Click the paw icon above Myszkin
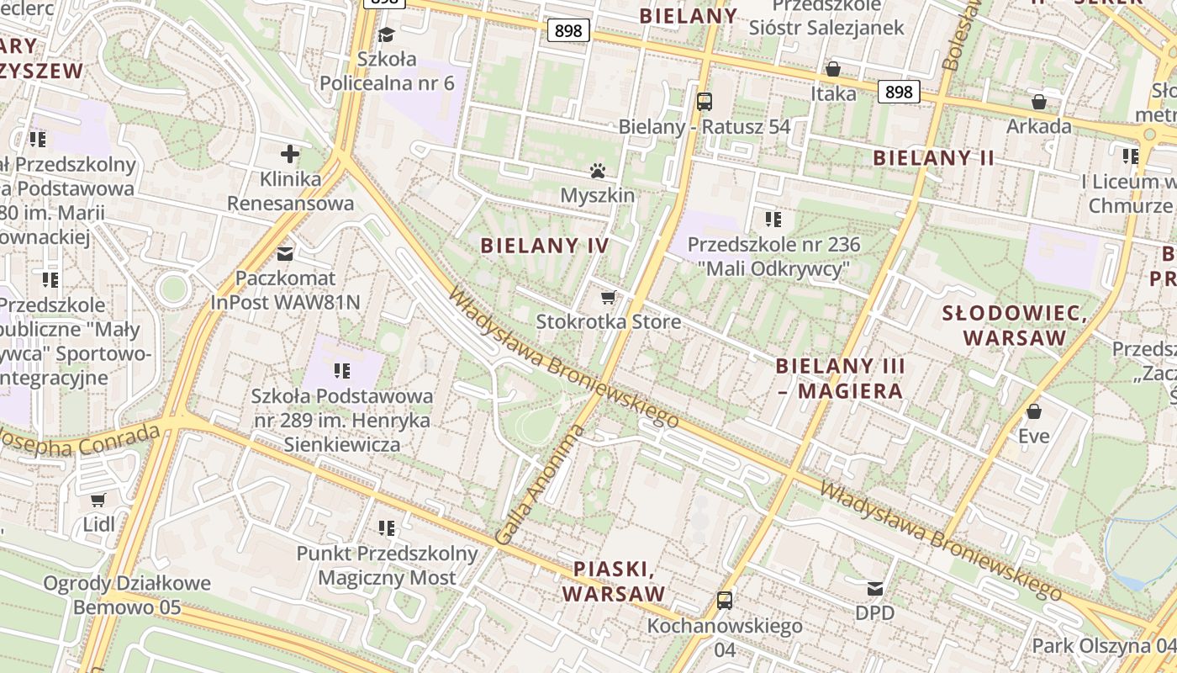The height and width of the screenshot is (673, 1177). pyautogui.click(x=598, y=172)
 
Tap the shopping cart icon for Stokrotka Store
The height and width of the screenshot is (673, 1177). pyautogui.click(x=609, y=298)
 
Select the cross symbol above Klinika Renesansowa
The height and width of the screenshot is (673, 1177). pyautogui.click(x=290, y=154)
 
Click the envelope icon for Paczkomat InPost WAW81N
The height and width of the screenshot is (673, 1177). pyautogui.click(x=286, y=252)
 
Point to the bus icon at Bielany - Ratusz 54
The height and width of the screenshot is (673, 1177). pyautogui.click(x=705, y=102)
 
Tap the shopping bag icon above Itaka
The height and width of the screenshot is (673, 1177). pyautogui.click(x=833, y=68)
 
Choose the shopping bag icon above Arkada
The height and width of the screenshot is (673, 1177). pyautogui.click(x=1039, y=102)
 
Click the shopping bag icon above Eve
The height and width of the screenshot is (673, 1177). pyautogui.click(x=1034, y=411)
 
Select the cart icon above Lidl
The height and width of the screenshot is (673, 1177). pyautogui.click(x=98, y=500)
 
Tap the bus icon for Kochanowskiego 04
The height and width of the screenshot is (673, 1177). pyautogui.click(x=725, y=601)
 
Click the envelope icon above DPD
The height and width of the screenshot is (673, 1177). pyautogui.click(x=875, y=588)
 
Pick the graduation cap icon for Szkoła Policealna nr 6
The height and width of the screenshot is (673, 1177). pyautogui.click(x=387, y=34)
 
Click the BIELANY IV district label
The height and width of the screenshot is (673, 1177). pyautogui.click(x=544, y=246)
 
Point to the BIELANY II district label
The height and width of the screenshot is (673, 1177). pyautogui.click(x=933, y=158)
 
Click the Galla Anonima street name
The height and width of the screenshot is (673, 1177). pyautogui.click(x=541, y=485)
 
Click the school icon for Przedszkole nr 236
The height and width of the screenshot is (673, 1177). pyautogui.click(x=773, y=220)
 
